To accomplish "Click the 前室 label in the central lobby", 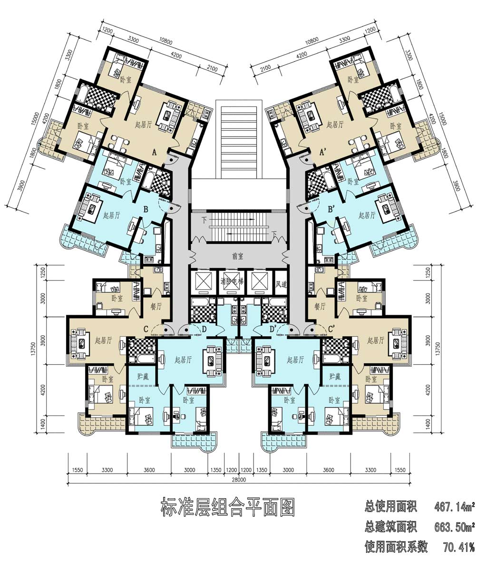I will [238, 256].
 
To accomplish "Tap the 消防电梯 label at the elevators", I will [232, 281].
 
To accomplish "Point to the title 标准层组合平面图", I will [228, 507].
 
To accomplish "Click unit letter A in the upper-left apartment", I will [154, 152].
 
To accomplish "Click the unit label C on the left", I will [146, 329].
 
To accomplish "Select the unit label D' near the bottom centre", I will [273, 329].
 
